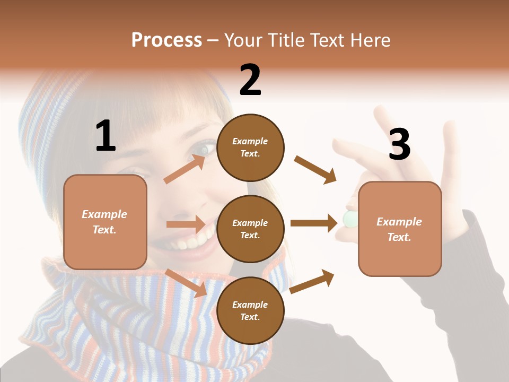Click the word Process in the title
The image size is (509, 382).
point(166,40)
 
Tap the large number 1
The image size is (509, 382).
point(106,136)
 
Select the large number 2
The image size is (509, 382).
point(250,80)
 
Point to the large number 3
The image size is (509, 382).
point(399,144)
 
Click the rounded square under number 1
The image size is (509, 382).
point(105,222)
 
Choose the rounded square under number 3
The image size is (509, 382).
point(400,229)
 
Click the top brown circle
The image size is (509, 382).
point(250,147)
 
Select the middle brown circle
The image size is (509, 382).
point(250,229)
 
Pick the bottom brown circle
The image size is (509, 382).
point(250,310)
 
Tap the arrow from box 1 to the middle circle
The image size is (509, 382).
point(186,224)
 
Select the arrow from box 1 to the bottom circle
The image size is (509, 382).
point(187,282)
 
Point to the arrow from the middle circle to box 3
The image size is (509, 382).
point(314,223)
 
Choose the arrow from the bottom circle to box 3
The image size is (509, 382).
point(312,282)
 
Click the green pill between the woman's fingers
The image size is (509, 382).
point(349,219)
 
